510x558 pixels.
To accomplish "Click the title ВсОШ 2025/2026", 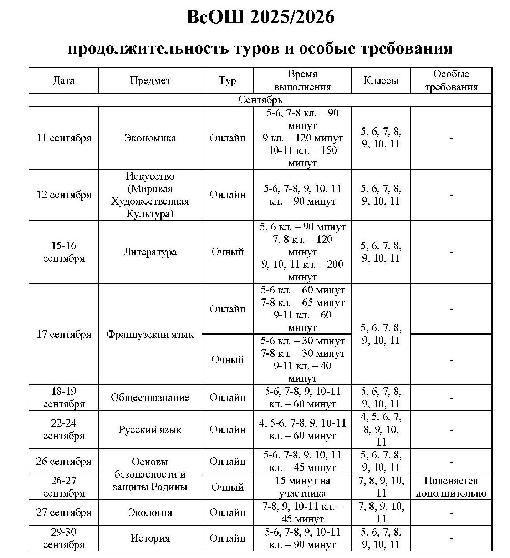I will pos(260,17).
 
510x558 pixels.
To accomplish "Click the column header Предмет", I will pos(150,81).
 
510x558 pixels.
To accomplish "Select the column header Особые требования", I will pos(451,81).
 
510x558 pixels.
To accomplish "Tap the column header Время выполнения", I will pos(302,81).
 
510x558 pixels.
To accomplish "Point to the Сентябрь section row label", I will pos(260,100).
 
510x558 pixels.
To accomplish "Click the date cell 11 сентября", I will pos(64,138).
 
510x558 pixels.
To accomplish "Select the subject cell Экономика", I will pos(150,138).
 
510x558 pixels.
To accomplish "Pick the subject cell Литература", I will pos(150,252).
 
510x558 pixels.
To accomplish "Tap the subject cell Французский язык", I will pos(150,335).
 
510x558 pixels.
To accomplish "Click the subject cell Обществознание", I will pos(150,398).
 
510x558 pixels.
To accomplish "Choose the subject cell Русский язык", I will pos(150,429).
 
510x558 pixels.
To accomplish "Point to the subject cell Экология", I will pos(150,513).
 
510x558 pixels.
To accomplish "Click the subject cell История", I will pos(150,538).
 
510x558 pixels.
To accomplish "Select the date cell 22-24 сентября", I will pos(64,429).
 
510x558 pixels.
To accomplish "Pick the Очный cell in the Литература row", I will pos(228,252).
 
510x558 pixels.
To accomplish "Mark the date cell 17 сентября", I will pos(64,335).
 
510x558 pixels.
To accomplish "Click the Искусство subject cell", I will pos(150,195).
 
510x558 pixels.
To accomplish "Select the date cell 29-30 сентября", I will pos(64,538).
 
